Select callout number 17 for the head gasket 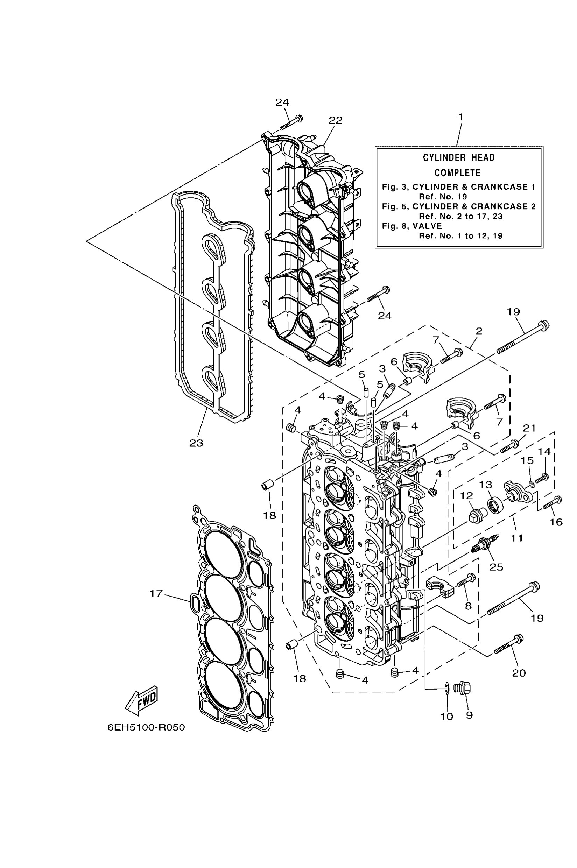pyautogui.click(x=156, y=593)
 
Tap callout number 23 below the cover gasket pyautogui.click(x=196, y=443)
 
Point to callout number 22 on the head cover pyautogui.click(x=335, y=120)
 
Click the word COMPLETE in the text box pyautogui.click(x=457, y=172)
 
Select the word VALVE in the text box pyautogui.click(x=427, y=226)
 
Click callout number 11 pyautogui.click(x=517, y=538)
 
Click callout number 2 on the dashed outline pyautogui.click(x=478, y=331)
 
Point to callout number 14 pyautogui.click(x=544, y=451)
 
